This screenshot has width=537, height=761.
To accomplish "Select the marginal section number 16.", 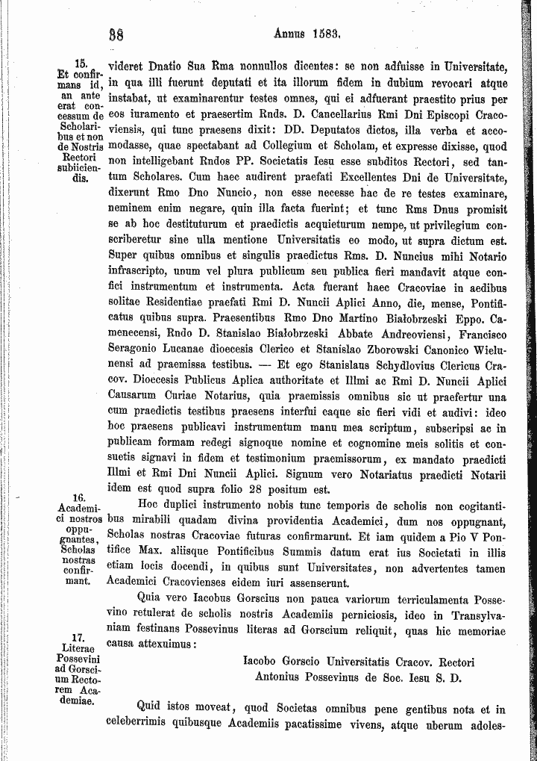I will (79, 497).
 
